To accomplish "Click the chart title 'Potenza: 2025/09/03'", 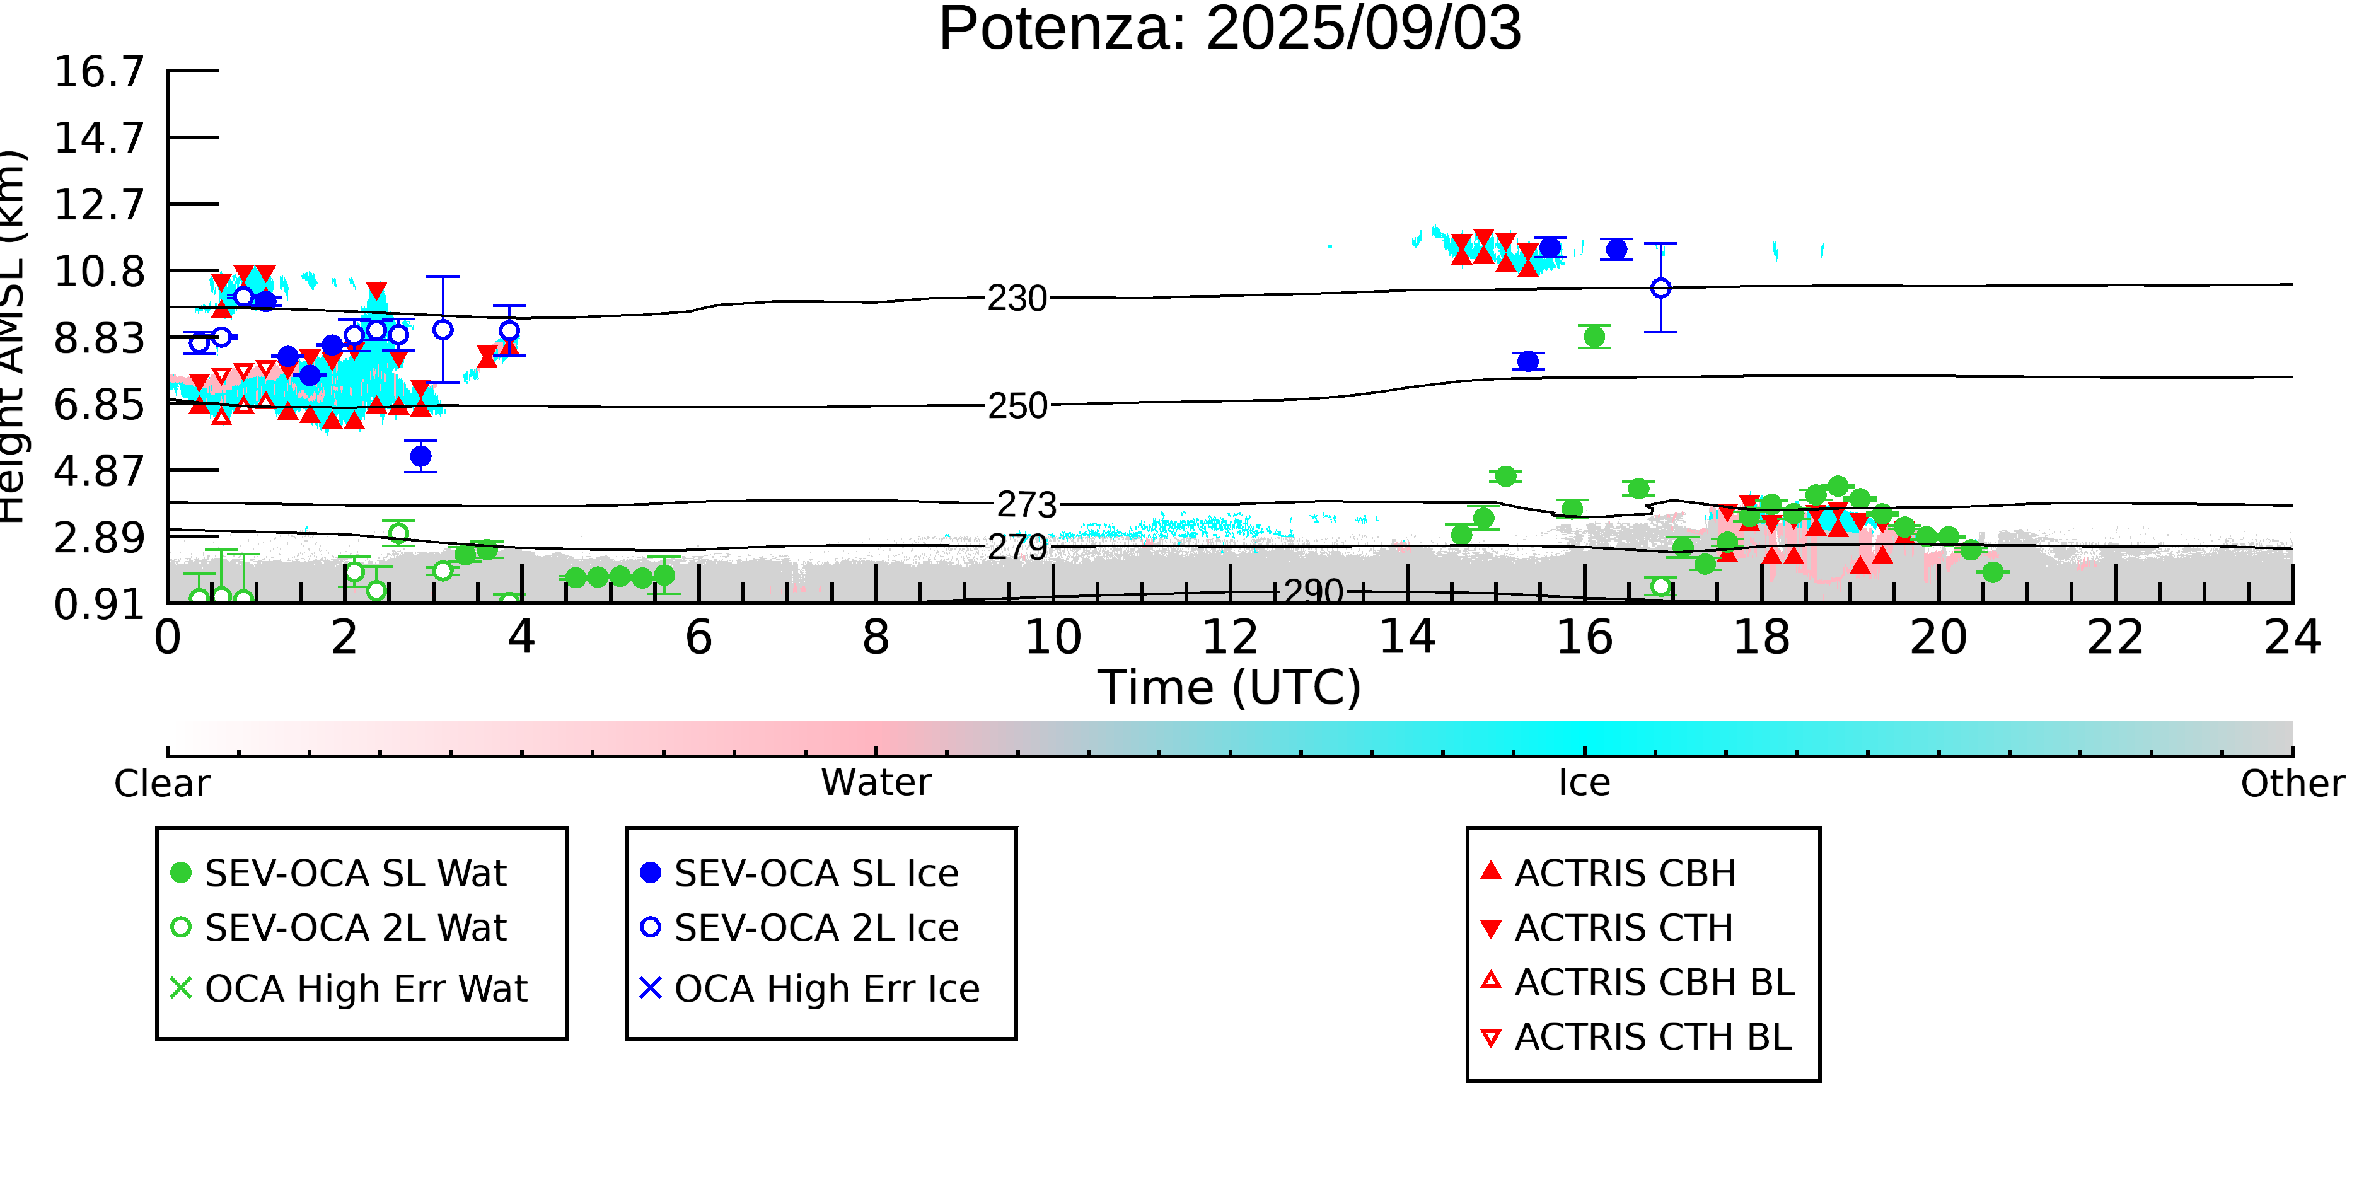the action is coord(1230,30).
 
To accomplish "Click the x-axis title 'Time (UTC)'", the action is coord(1230,687).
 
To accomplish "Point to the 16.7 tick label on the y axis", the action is coord(99,72).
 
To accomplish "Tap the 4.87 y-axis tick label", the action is coord(99,471).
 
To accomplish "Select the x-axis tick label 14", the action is coord(1408,637).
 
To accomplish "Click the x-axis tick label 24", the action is coord(2292,637).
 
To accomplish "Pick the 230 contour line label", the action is coord(1017,298).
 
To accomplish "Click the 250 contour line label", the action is coord(1017,405).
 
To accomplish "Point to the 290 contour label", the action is coord(1313,592).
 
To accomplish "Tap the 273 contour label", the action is coord(1027,505).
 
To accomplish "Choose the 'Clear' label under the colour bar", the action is coord(161,784).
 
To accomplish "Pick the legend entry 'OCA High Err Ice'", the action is coord(809,988).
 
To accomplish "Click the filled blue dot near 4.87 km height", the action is coord(421,456).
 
